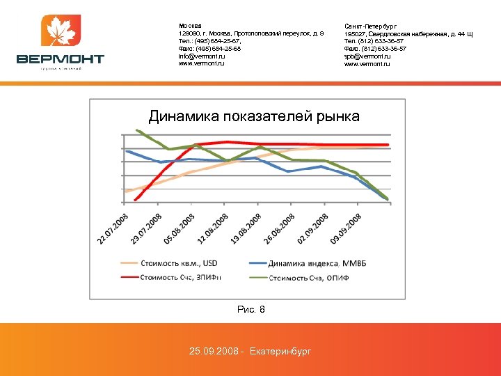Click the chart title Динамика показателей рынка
254,116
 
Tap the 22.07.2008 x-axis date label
113,226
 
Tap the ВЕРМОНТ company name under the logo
61,59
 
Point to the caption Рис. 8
250,309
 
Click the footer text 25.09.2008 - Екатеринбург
250,351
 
